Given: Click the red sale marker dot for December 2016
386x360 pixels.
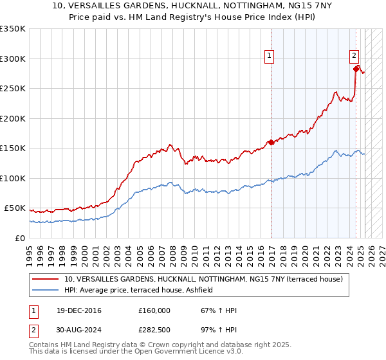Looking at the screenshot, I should [271, 143].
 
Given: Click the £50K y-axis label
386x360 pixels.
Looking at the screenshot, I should [15, 208].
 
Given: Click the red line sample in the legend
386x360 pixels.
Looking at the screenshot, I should [45, 279].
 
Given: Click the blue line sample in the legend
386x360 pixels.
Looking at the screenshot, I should [45, 291].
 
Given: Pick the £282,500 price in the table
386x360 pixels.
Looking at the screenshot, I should [154, 331].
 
